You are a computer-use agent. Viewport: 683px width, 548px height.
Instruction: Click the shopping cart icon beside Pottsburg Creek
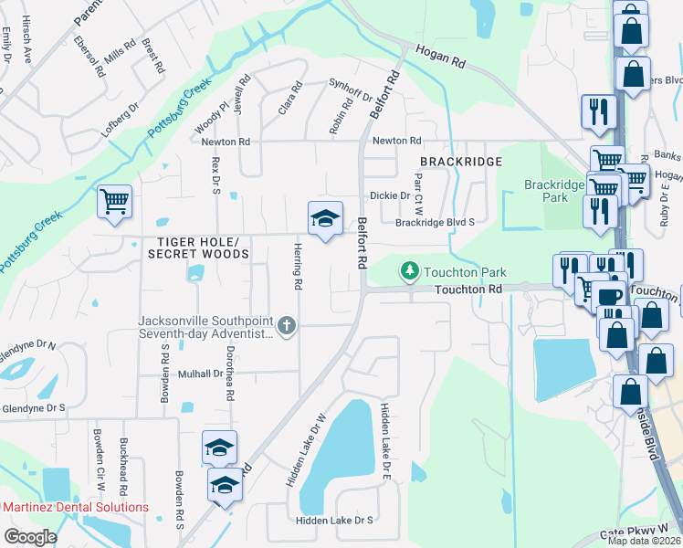click(x=114, y=201)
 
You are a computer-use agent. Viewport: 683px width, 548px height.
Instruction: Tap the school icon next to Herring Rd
click(x=325, y=219)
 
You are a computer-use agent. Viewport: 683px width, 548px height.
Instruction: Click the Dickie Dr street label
click(x=389, y=195)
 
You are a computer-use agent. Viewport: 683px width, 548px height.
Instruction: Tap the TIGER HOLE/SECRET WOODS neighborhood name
click(x=197, y=248)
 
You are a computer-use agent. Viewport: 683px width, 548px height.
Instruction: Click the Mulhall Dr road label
click(x=200, y=374)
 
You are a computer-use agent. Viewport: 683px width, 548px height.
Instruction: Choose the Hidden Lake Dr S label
click(x=334, y=520)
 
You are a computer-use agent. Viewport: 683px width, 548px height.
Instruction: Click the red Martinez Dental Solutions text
click(x=75, y=507)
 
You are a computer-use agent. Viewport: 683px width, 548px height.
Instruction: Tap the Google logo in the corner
click(x=30, y=536)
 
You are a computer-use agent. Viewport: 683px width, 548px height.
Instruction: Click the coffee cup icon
click(x=609, y=297)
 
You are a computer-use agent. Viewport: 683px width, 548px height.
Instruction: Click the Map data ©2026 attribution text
click(x=645, y=541)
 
